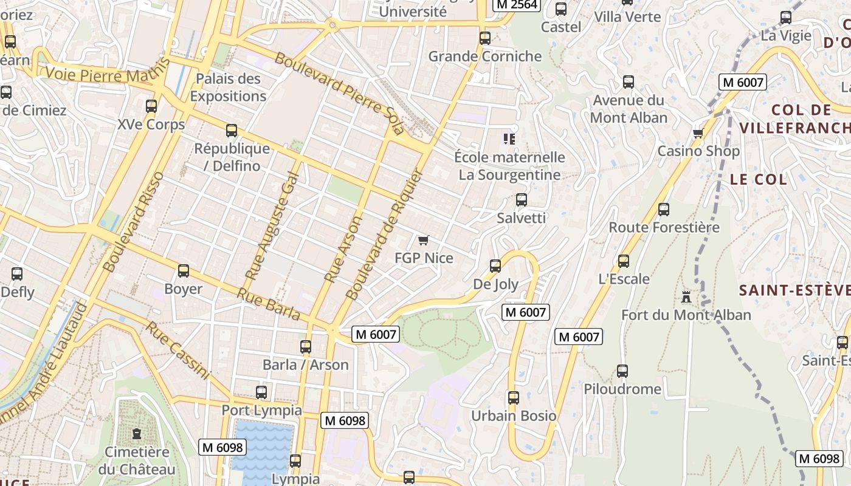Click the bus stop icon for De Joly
click(495, 266)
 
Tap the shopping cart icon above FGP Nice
click(424, 241)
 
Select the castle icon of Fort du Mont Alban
click(686, 297)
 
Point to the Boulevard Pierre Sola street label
click(339, 94)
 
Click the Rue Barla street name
click(269, 304)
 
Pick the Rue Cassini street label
click(177, 351)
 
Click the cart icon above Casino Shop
click(698, 133)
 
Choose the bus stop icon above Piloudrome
click(622, 371)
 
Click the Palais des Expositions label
click(228, 87)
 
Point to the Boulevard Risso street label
click(133, 221)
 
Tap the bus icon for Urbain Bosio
click(514, 398)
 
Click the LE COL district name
click(758, 179)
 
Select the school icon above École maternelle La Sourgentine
click(509, 139)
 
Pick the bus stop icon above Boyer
click(184, 271)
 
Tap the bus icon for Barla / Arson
click(306, 347)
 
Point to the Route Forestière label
click(664, 227)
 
